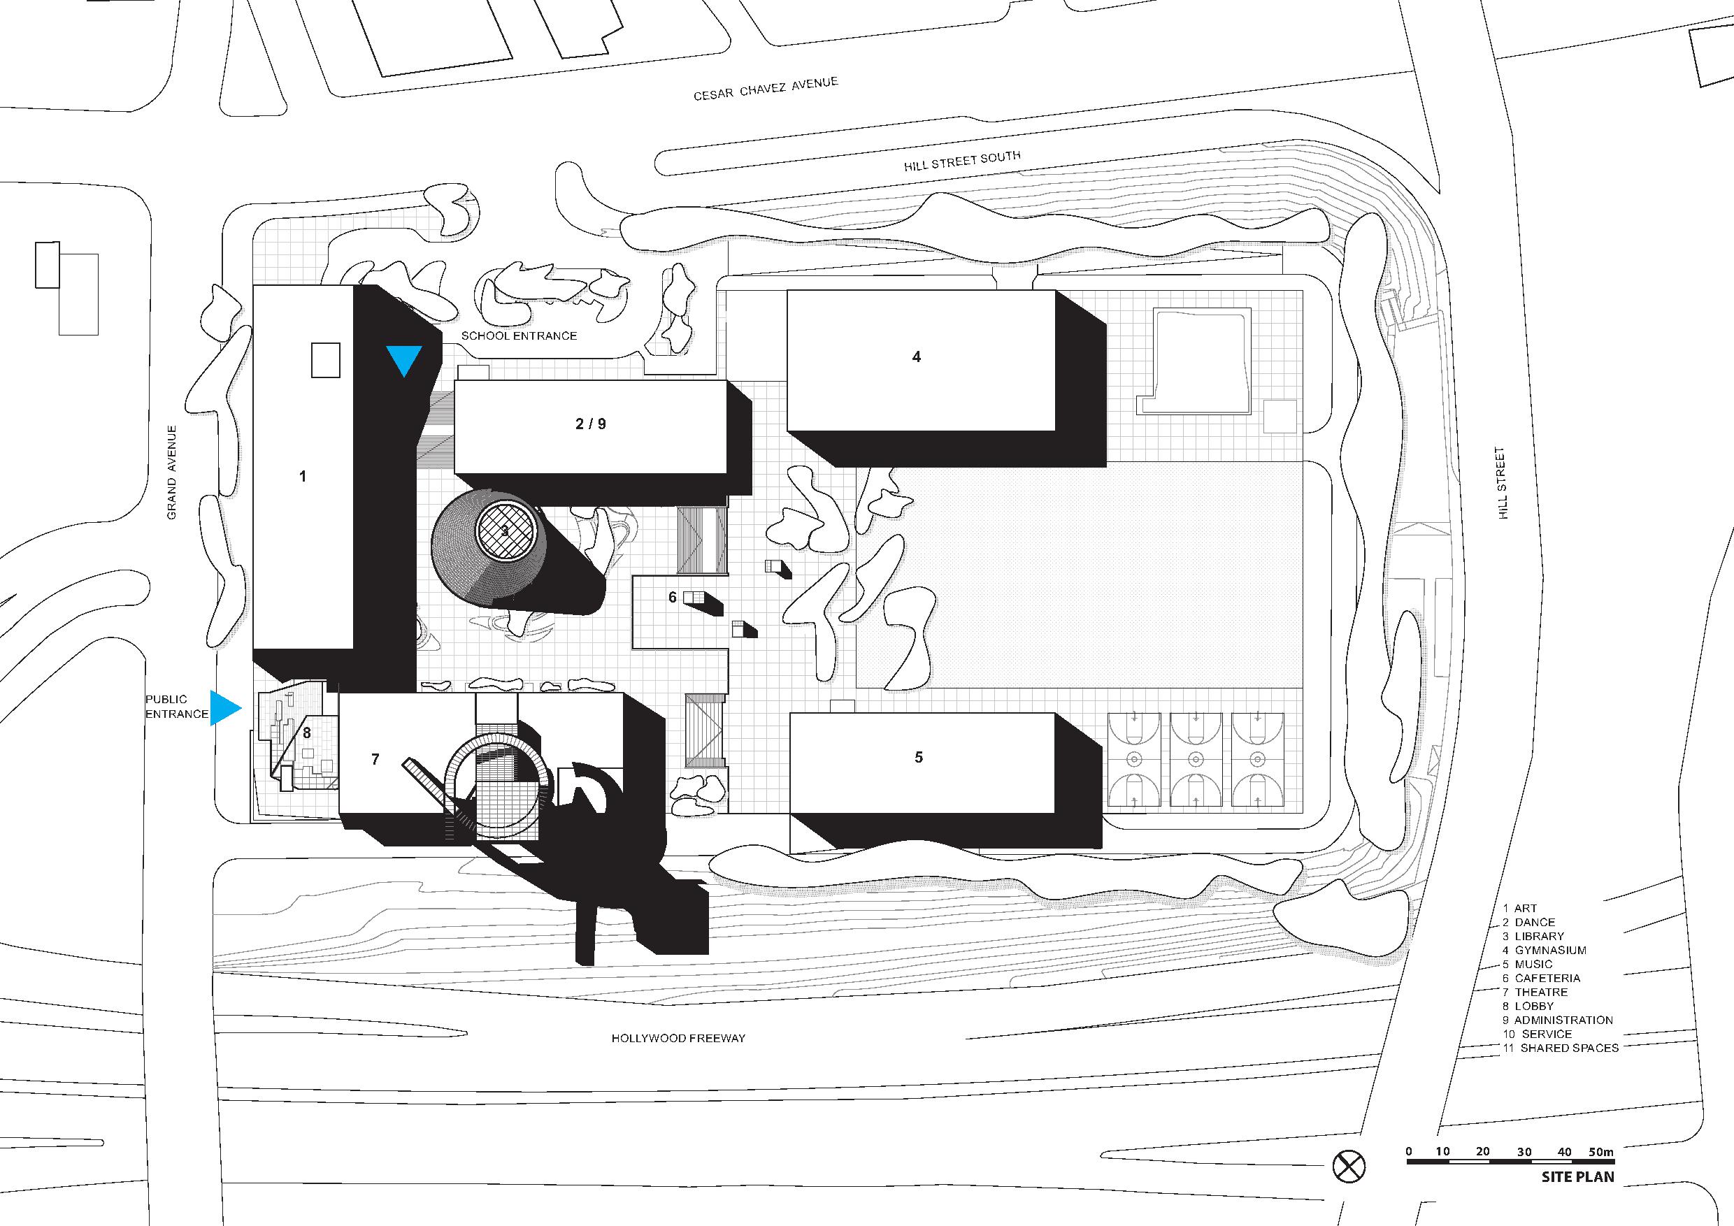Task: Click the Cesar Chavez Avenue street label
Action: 765,88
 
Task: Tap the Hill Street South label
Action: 961,161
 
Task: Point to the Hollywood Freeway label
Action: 678,1038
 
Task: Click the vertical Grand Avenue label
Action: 171,472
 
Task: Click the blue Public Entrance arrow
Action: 224,708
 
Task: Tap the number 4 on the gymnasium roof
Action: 916,356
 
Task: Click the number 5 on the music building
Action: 918,757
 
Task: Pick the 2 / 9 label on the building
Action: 591,424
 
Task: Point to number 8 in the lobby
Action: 307,733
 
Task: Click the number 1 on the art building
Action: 303,477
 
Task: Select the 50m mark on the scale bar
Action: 1600,1152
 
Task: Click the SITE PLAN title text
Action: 1577,1177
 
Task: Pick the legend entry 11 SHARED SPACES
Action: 1561,1048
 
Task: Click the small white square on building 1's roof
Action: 326,360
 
